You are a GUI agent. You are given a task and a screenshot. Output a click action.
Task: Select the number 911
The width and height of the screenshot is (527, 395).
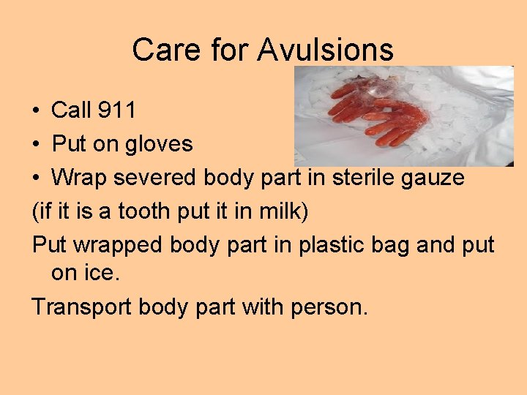click(x=116, y=110)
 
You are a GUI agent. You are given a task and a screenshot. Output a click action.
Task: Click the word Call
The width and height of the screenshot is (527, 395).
click(x=72, y=110)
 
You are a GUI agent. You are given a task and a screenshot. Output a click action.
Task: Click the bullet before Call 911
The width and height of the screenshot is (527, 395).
click(x=36, y=111)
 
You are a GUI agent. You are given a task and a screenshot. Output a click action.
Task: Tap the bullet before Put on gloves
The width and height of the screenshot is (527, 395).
click(x=36, y=145)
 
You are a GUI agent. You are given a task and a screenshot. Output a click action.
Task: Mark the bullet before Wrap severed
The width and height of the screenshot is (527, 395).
click(x=36, y=178)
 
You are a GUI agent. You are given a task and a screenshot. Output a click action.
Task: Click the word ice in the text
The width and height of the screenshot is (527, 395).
click(x=106, y=274)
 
